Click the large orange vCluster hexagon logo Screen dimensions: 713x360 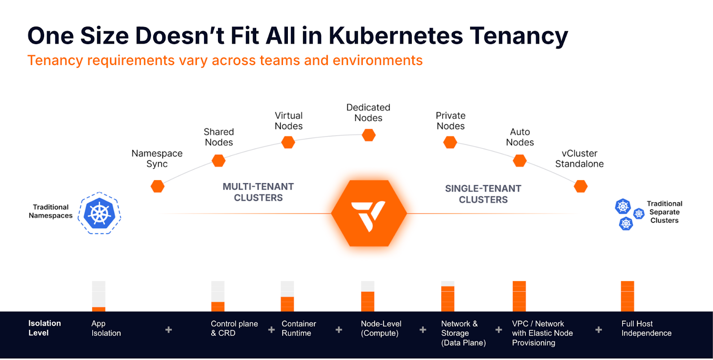tap(369, 213)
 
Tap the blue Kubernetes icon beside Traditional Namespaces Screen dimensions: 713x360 tap(99, 213)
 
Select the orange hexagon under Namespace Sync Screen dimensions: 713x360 tap(158, 186)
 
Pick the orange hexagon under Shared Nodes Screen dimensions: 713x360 tap(218, 160)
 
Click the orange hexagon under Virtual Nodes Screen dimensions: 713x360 tap(288, 142)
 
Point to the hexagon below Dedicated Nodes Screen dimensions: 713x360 tap(369, 135)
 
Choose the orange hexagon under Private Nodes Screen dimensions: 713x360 tap(450, 142)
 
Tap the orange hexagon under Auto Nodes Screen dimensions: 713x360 tap(520, 160)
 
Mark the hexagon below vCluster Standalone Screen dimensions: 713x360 tap(581, 186)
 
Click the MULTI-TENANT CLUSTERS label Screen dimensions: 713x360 tap(258, 192)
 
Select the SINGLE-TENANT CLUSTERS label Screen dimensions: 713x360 tap(483, 194)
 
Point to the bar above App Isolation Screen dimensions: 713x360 tap(98, 296)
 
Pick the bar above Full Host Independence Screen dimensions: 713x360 tap(627, 296)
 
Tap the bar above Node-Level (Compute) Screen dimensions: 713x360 tap(368, 296)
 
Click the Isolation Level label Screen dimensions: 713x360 tap(44, 328)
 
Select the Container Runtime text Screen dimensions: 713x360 tap(299, 328)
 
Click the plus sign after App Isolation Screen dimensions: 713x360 tap(168, 330)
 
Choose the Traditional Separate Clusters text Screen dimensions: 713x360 tap(664, 212)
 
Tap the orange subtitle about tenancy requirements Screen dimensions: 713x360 tap(225, 60)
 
